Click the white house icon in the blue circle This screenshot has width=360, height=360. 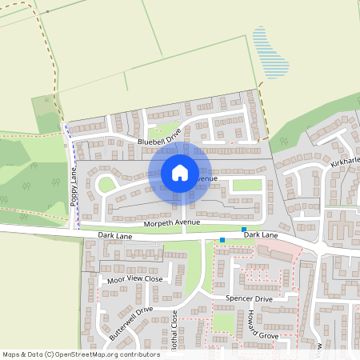coord(180,173)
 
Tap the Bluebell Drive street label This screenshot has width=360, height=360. coord(160,141)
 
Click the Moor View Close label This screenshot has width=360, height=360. coord(134,279)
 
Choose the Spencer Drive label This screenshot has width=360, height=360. coord(249,299)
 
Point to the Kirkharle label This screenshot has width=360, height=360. coord(346,162)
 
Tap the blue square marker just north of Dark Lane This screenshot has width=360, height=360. coord(243,230)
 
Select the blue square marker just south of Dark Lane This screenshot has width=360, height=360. coord(222,240)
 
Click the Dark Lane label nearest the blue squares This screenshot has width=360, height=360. coord(261,235)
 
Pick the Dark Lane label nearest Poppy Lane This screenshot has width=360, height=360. coord(114,236)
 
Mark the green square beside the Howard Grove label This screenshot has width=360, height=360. coord(224,322)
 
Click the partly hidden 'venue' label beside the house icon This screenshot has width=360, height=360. coord(205,178)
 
